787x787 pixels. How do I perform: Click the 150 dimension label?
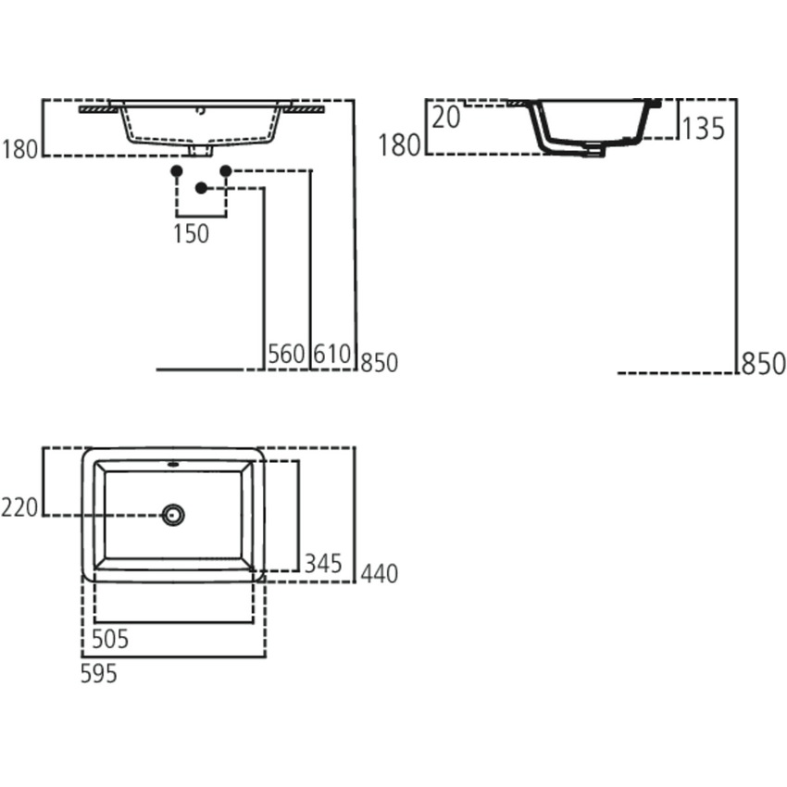191,234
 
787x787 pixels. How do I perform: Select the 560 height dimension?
285,354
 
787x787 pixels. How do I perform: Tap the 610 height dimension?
331,354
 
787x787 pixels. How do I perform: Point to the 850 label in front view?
380,362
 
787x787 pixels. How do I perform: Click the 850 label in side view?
762,364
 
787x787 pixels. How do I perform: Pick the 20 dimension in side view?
445,118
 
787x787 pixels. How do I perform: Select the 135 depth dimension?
704,129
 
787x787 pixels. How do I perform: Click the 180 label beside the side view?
400,145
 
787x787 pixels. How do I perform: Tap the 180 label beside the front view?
20,148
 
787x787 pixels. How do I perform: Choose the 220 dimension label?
20,507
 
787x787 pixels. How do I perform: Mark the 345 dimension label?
323,563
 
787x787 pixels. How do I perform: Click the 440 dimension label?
379,574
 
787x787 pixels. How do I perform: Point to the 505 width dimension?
109,638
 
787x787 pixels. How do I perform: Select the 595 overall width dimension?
98,674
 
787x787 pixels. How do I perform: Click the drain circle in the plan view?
173,515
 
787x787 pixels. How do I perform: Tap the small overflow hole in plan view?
173,462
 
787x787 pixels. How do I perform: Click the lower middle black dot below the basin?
201,189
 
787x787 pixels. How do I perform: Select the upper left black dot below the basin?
176,170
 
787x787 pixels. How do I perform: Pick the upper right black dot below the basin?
225,170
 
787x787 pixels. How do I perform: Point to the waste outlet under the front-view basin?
200,149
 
